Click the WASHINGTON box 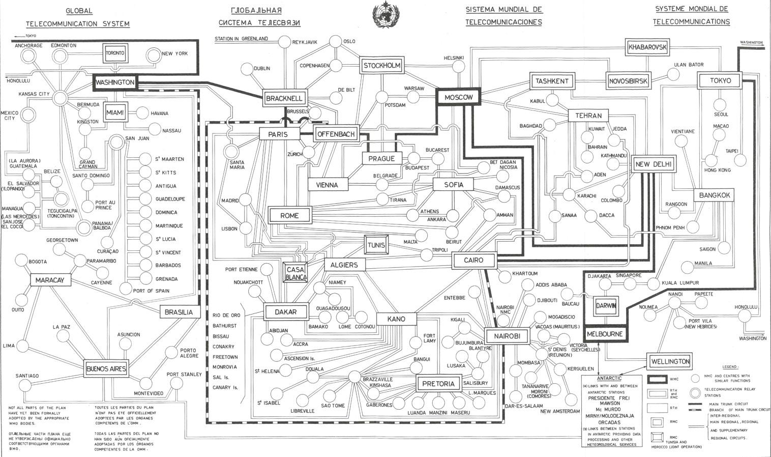coord(115,82)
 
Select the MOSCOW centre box coord(458,97)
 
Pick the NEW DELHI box coord(654,164)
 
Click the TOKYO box coord(720,81)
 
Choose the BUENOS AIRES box coord(106,368)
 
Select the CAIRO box coord(473,261)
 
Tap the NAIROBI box coord(506,336)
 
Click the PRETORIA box coord(438,384)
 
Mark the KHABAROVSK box coord(647,47)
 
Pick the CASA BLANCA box coord(295,273)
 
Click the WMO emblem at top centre coord(385,15)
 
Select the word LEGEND coord(730,366)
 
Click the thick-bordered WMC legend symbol coord(657,379)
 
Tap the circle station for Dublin coord(247,69)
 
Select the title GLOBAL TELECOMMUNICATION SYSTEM coord(78,17)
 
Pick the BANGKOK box coord(714,195)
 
